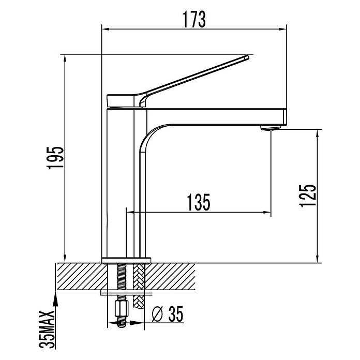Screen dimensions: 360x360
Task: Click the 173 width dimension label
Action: coord(194,19)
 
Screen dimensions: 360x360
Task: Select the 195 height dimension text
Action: coord(55,157)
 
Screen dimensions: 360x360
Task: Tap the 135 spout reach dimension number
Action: coord(199,202)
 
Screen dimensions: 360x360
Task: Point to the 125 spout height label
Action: coord(308,195)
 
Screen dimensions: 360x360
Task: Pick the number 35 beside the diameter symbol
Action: coord(176,314)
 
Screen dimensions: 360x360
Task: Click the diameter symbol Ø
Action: coord(157,314)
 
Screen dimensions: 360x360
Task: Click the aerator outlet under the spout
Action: coord(271,128)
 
